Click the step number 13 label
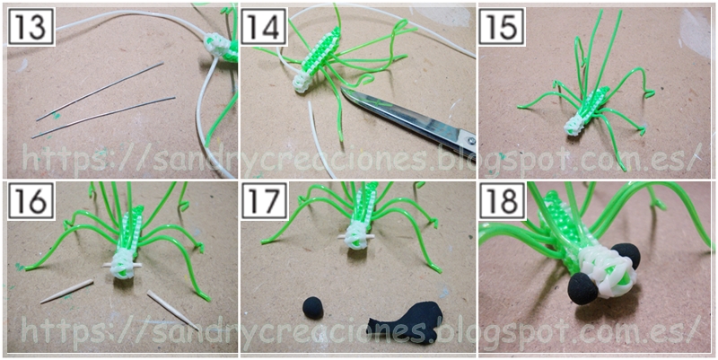(x=31, y=27)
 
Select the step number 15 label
(x=502, y=27)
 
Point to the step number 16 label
(x=31, y=200)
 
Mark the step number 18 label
(x=502, y=200)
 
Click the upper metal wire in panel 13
(x=100, y=92)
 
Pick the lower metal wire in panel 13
(x=103, y=118)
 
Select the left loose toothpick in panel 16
(x=66, y=291)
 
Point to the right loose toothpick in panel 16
(x=173, y=310)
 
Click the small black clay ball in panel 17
(x=312, y=307)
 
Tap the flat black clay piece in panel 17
(x=407, y=323)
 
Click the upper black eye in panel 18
(x=626, y=256)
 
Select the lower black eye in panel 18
(x=582, y=291)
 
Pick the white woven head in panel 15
(x=575, y=125)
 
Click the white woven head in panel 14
(x=302, y=82)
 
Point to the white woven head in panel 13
(x=216, y=47)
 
